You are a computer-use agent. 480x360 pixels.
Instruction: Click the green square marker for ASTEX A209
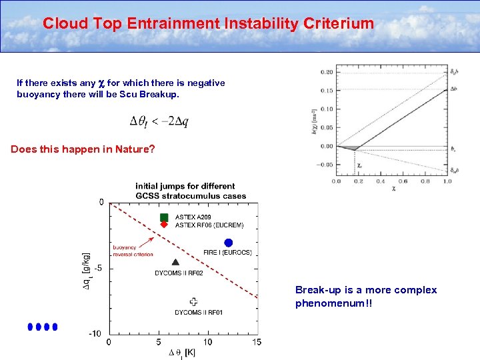[x=164, y=217]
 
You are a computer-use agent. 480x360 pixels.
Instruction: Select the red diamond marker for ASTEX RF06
[x=164, y=225]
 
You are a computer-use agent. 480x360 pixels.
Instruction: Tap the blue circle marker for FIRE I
[x=229, y=243]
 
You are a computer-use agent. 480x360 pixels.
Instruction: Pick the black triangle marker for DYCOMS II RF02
[x=175, y=263]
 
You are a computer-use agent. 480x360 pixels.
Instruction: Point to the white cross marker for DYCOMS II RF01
[x=193, y=301]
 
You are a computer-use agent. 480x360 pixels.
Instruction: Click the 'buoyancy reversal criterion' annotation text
[x=133, y=250]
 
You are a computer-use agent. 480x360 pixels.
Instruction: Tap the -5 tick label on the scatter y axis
[x=98, y=268]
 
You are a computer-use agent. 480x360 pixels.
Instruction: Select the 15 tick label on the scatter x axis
[x=257, y=342]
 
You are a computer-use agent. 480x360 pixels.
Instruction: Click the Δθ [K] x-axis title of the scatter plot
[x=182, y=352]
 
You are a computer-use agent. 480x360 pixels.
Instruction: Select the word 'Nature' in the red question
[x=132, y=149]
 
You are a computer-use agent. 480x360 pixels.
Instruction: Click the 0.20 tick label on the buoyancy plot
[x=327, y=71]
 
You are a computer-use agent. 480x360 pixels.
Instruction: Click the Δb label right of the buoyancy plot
[x=453, y=89]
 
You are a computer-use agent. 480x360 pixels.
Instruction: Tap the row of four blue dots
[x=43, y=327]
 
